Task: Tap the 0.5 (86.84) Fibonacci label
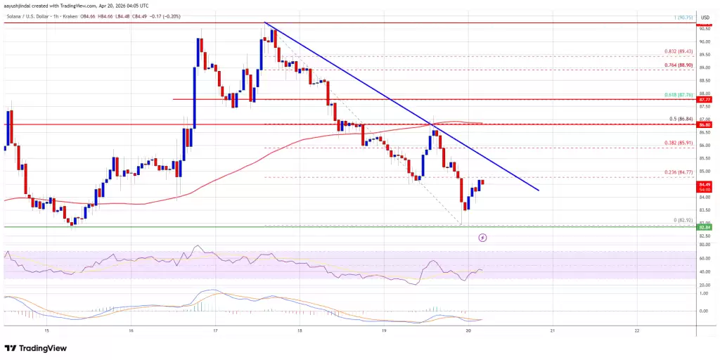coord(679,118)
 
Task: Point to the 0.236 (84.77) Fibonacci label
coord(679,172)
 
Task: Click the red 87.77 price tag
coord(705,101)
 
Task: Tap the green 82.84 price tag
coord(705,227)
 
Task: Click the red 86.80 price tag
coord(705,124)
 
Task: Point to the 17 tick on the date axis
coord(215,330)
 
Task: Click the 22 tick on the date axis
coord(636,330)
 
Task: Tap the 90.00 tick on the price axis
coord(705,41)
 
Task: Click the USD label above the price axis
coord(705,11)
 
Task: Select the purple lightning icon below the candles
coord(482,238)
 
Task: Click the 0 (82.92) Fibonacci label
coord(681,220)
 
